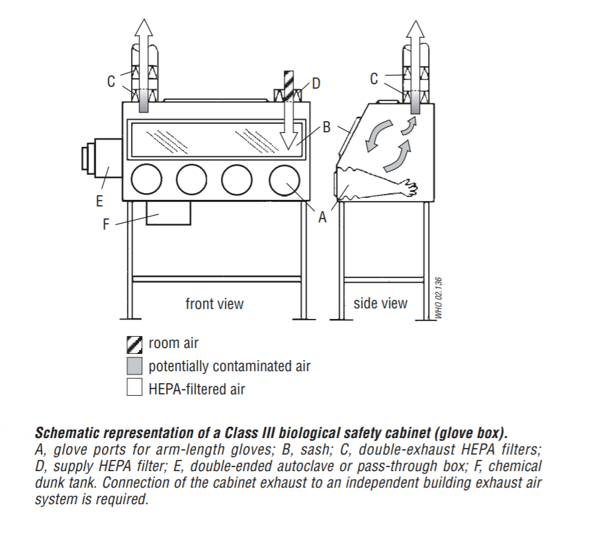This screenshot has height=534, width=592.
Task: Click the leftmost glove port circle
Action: (146, 180)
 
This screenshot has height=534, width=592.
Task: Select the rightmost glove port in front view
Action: (286, 180)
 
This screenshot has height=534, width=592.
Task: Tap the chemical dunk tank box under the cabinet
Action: (168, 213)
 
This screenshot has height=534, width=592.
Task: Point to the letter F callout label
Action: (106, 225)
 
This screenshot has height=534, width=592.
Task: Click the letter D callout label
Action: (316, 83)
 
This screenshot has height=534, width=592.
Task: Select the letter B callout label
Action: (326, 127)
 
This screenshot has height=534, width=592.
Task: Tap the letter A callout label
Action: (323, 216)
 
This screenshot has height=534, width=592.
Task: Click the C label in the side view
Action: (374, 79)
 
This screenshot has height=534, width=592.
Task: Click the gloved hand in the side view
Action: (410, 189)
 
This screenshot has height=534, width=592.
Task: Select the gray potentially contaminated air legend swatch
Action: (134, 366)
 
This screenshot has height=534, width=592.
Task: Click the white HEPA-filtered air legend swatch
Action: (134, 388)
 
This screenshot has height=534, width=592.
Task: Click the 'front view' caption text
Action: (214, 304)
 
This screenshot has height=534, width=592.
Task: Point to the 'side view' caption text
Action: (380, 303)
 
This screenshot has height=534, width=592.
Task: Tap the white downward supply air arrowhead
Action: (288, 139)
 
